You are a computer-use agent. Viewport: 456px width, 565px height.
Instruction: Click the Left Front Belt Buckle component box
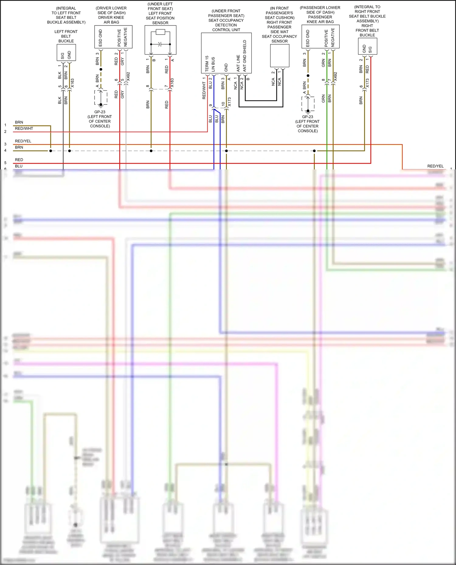[66, 53]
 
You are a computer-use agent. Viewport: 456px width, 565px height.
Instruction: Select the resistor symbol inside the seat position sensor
[160, 32]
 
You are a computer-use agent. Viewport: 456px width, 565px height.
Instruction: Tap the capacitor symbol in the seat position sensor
[160, 44]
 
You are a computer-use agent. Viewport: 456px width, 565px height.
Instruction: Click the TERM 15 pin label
[207, 63]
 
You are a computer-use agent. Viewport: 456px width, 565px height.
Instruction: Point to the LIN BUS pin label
[213, 64]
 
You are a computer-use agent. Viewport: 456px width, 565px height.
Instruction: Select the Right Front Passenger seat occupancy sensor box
[279, 56]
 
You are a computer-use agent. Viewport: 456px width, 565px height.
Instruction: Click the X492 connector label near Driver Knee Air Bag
[128, 77]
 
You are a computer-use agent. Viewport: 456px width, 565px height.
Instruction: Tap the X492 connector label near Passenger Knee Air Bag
[335, 77]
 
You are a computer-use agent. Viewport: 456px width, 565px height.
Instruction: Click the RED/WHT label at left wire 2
[24, 128]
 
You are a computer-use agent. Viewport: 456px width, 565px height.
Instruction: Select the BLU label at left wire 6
[19, 166]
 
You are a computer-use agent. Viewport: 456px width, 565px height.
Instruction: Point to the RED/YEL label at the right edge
[435, 166]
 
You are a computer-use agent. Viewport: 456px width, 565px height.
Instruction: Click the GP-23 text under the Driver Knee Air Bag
[100, 112]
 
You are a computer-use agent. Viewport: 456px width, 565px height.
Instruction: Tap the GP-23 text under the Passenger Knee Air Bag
[307, 117]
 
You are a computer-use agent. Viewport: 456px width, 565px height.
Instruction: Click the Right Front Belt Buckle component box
[367, 46]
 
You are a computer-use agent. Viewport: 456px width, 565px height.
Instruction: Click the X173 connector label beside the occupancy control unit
[229, 102]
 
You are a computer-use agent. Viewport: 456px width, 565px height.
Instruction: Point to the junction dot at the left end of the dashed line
[50, 151]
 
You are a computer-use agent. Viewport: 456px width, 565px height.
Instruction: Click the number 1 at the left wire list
[5, 125]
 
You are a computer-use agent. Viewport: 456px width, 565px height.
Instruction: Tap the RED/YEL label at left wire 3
[23, 141]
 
